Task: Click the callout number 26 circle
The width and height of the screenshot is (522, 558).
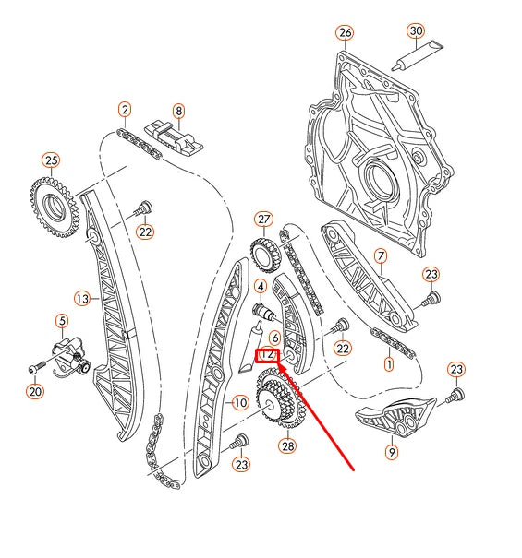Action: point(345,34)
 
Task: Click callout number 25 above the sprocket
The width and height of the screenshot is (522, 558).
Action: point(50,161)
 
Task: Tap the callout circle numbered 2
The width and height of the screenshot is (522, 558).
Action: point(125,110)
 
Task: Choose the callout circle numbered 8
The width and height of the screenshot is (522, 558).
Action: point(178,110)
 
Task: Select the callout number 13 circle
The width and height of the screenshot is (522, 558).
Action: point(82,299)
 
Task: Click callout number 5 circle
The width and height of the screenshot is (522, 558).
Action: point(61,321)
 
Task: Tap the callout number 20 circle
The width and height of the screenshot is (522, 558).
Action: point(35,392)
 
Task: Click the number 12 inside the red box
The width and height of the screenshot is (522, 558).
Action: point(268,353)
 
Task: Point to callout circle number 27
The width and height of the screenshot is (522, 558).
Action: point(265,220)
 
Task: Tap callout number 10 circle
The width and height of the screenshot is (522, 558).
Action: point(240,402)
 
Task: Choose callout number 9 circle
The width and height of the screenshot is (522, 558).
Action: point(391,452)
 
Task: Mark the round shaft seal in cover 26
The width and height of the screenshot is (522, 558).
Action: point(380,175)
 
